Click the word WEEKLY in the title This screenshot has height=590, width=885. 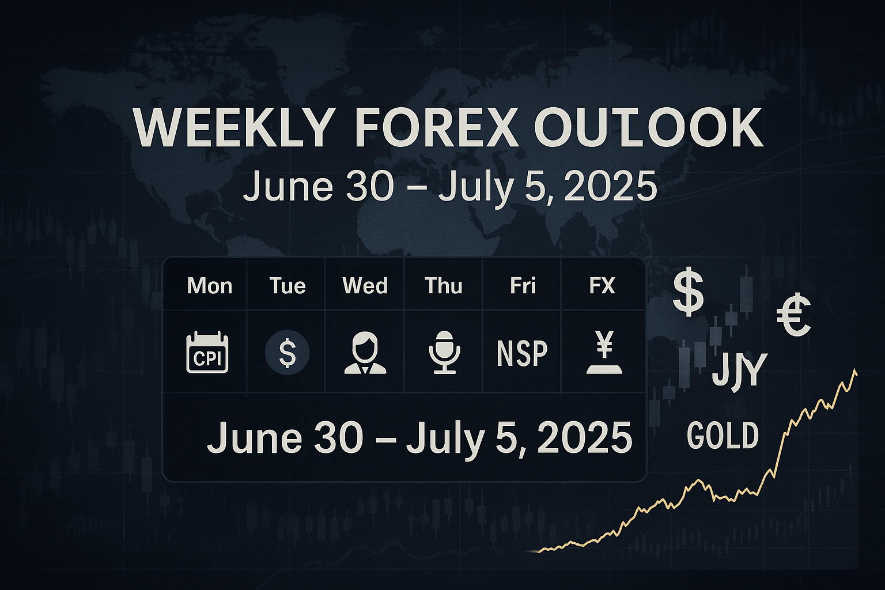[232, 128]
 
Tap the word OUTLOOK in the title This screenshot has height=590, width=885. [648, 128]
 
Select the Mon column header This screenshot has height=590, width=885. [209, 286]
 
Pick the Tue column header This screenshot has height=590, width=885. [288, 286]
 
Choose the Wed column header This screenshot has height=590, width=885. [365, 286]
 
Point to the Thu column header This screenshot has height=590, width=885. [444, 286]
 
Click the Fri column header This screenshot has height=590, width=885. [523, 286]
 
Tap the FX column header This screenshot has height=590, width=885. [602, 286]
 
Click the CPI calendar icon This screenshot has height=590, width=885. [207, 353]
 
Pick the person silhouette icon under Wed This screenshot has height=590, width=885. [365, 353]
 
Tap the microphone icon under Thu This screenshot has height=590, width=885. [444, 353]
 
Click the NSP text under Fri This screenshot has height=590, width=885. [523, 353]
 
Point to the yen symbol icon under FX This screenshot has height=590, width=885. [604, 353]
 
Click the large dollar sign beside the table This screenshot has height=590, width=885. [689, 291]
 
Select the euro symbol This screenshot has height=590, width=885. [794, 315]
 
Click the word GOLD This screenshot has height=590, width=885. [723, 436]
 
